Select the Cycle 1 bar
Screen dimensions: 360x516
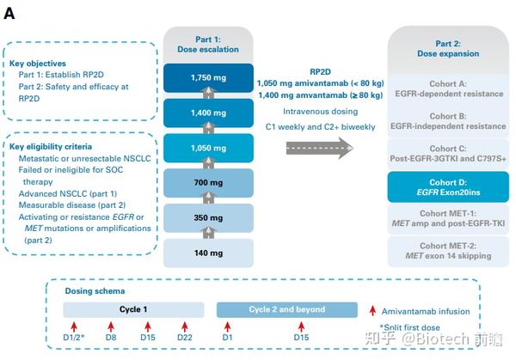tap(133, 309)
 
